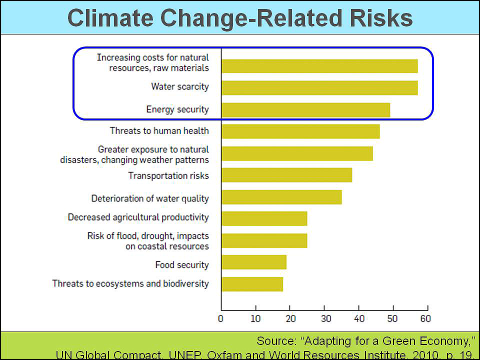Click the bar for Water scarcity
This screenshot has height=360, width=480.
[319, 87]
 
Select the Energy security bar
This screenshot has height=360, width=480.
[305, 109]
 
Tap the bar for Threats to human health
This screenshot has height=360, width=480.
[300, 131]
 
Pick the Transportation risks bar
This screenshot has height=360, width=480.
[286, 175]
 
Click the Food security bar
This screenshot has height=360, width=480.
[254, 262]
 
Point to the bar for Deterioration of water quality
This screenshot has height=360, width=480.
[281, 197]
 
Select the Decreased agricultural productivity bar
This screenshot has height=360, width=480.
[264, 218]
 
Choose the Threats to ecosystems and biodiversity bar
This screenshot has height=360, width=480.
[252, 284]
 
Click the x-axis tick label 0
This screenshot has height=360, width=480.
[221, 318]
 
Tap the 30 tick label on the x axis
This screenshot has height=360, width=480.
[324, 318]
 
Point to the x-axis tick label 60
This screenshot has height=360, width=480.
[425, 318]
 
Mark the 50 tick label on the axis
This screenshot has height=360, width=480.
[392, 318]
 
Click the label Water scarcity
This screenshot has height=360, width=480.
[180, 87]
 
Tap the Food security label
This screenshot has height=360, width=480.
[181, 264]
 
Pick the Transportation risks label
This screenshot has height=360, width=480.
[168, 175]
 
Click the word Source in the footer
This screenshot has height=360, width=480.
[275, 341]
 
